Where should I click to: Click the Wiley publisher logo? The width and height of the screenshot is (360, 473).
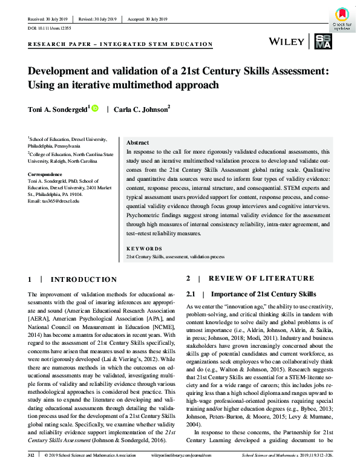click(x=286, y=41)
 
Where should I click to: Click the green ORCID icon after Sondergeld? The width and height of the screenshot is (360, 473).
click(x=95, y=108)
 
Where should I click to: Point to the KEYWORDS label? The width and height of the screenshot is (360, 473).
click(x=143, y=249)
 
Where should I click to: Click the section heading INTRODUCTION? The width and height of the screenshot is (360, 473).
click(x=83, y=279)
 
